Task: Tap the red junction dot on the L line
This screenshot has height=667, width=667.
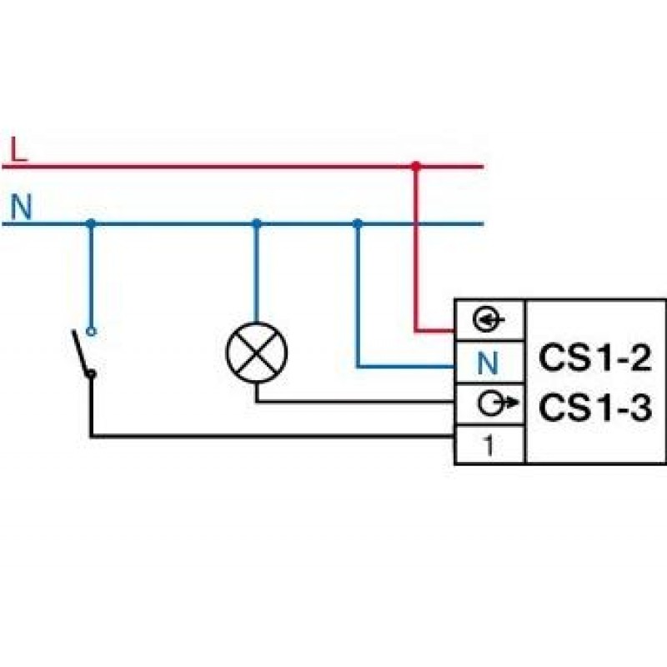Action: click(416, 166)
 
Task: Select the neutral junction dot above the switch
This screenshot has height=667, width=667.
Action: click(91, 223)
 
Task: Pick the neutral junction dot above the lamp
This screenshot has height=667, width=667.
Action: click(257, 223)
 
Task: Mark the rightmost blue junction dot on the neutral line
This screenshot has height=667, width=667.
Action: click(357, 223)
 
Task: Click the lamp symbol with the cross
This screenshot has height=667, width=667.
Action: click(257, 351)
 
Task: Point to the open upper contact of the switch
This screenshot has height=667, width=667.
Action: click(91, 332)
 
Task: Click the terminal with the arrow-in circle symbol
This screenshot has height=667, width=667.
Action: click(489, 318)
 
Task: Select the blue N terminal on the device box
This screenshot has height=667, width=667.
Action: click(489, 364)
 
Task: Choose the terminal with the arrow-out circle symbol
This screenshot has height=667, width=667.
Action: click(489, 405)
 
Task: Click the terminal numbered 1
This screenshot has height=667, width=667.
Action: click(489, 445)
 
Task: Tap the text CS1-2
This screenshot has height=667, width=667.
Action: click(594, 360)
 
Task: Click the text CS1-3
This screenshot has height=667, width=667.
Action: click(594, 409)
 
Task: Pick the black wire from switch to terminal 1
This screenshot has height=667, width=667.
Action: click(267, 435)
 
